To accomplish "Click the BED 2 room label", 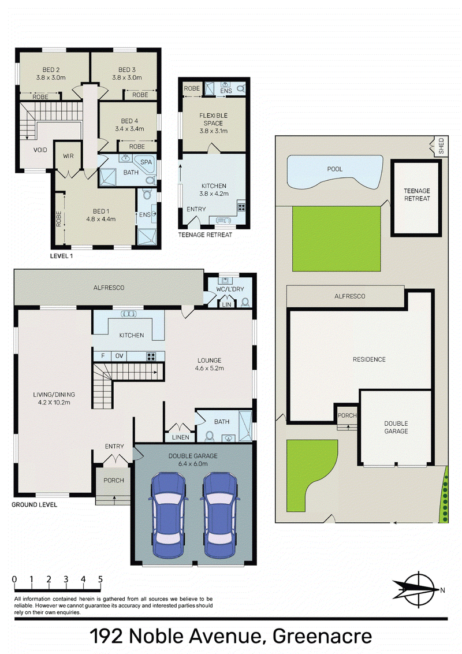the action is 51,70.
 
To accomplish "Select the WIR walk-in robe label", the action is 68,156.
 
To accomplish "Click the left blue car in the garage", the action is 168,515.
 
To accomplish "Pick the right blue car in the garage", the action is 220,515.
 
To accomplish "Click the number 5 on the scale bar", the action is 100,579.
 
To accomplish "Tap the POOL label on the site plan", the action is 335,169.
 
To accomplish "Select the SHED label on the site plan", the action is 441,146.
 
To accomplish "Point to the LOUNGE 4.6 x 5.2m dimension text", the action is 209,368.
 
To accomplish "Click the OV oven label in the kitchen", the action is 119,356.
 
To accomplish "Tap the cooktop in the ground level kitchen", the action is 151,356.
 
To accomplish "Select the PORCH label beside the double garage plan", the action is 347,415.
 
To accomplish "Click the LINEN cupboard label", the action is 181,437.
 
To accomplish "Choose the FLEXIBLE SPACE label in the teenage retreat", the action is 213,119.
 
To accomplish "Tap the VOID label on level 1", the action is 40,150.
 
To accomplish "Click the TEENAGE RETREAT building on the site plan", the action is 416,198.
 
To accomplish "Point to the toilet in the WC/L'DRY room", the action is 245,302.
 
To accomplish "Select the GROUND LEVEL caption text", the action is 34,505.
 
